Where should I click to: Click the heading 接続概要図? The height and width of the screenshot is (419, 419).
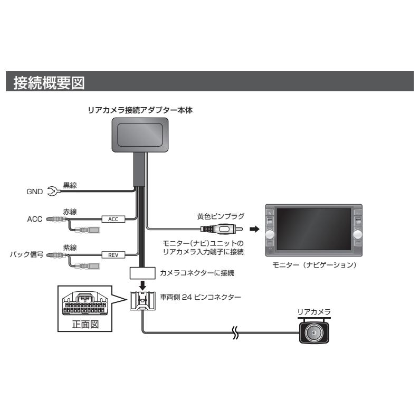[x=48, y=83]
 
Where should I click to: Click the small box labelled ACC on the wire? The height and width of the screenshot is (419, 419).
[x=113, y=218]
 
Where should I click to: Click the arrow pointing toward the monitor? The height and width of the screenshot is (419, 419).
[x=254, y=230]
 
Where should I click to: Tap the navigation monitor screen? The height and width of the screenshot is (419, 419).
[x=313, y=227]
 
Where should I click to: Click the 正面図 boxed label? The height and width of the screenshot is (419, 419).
[x=85, y=325]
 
